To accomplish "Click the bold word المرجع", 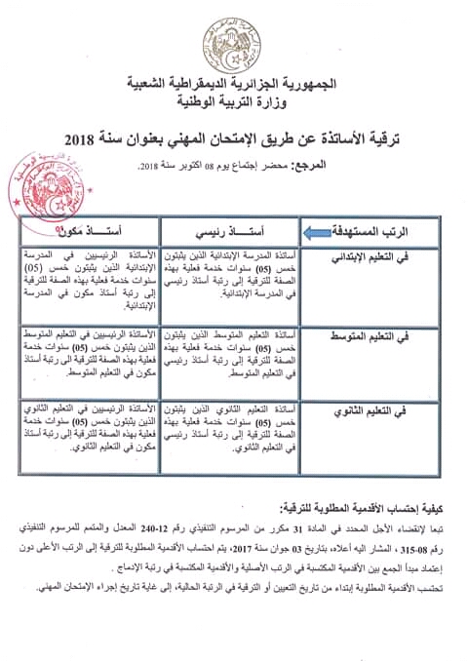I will (x=425, y=167).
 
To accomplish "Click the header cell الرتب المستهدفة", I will (x=391, y=232).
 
